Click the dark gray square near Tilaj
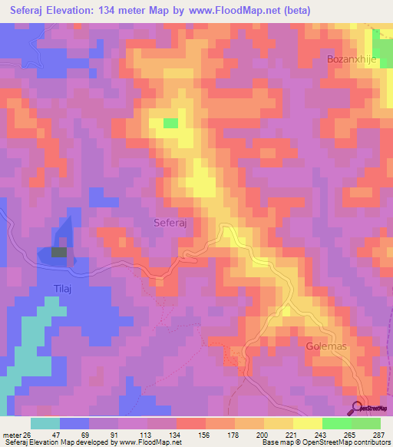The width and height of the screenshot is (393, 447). tap(59, 251)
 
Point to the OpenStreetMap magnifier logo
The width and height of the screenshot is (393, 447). tap(357, 409)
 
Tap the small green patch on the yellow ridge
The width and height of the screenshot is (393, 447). tap(170, 122)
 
